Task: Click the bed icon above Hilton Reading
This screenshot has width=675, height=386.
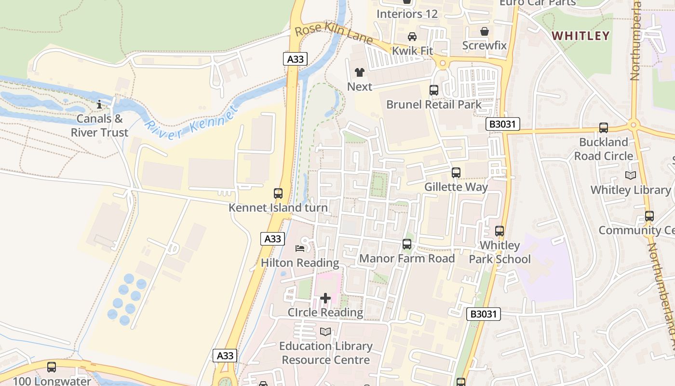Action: tap(299, 248)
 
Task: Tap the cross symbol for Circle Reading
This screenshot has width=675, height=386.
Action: tap(325, 298)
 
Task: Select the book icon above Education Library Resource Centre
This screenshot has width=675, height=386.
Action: tap(325, 331)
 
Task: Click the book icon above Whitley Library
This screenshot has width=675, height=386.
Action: tap(630, 176)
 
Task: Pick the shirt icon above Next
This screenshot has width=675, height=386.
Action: tap(360, 72)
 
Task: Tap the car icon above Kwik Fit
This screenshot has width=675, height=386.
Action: tap(412, 37)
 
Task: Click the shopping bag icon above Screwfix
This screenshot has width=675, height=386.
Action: tap(484, 31)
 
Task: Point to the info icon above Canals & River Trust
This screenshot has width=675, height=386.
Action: tap(99, 104)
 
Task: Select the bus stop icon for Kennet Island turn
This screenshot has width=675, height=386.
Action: tap(278, 193)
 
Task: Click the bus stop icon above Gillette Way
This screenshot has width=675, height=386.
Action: tap(456, 172)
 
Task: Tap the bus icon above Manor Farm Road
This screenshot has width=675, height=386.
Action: tap(407, 244)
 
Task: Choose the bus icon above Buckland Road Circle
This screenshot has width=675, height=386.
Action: tap(603, 128)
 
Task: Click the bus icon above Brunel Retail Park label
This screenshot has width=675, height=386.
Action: tap(433, 90)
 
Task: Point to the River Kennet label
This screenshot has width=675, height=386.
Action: tap(191, 120)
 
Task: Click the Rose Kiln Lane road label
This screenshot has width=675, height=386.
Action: tap(333, 34)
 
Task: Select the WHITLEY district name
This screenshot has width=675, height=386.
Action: tap(581, 36)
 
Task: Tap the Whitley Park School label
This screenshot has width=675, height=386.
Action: tap(500, 252)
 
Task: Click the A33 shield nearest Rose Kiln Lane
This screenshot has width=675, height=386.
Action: tap(295, 59)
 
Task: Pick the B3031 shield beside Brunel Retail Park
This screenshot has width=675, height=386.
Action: tap(502, 124)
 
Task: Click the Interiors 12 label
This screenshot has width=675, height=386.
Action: tap(407, 14)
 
